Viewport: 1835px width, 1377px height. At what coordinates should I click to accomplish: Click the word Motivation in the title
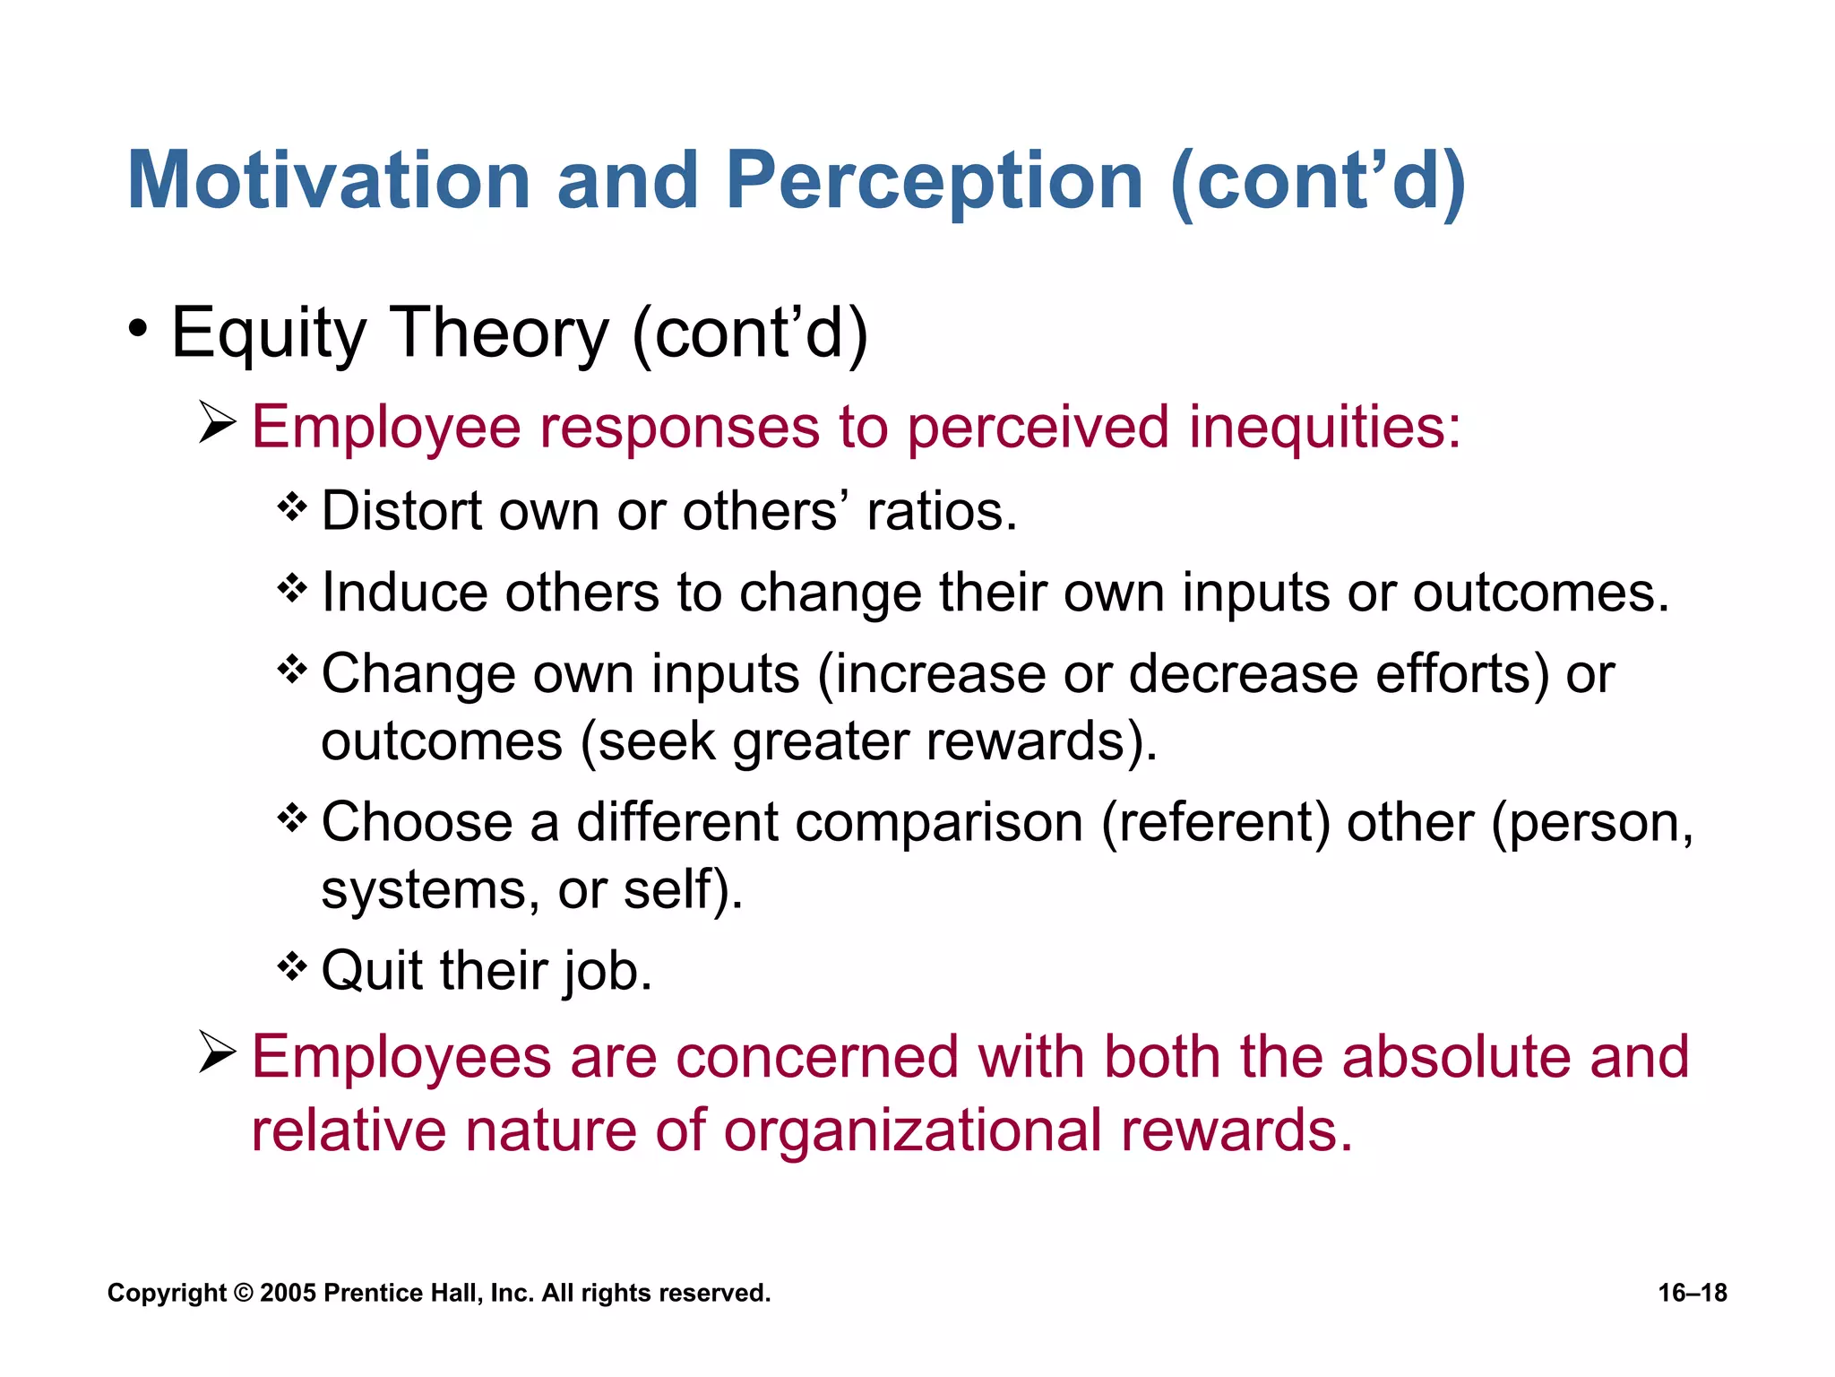[330, 181]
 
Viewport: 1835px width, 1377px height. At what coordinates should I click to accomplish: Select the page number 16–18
[1692, 1293]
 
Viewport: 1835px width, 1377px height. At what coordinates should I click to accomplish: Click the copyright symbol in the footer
[243, 1293]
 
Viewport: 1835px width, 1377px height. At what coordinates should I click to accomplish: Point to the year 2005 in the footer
[289, 1293]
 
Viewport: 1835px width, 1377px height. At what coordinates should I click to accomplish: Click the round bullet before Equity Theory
[137, 330]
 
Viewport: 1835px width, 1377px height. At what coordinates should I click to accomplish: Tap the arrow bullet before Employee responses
[218, 423]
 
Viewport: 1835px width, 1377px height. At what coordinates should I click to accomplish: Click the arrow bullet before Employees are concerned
[218, 1053]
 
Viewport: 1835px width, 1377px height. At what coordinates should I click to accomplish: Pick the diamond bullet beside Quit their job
[292, 967]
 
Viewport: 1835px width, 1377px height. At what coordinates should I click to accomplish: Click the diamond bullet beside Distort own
[292, 507]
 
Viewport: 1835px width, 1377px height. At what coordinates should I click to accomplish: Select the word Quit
[372, 971]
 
